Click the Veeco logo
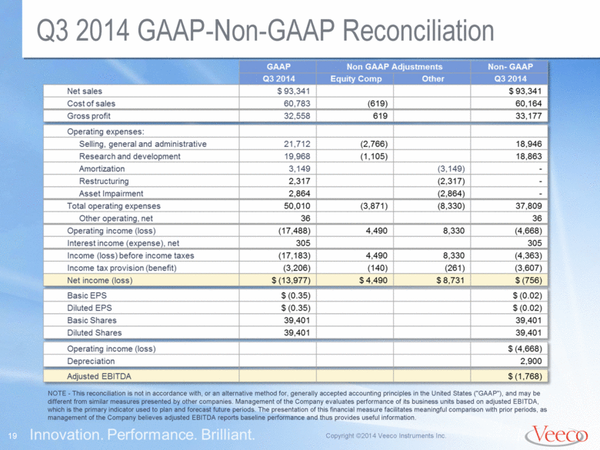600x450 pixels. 556,435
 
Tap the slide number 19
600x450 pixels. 12,436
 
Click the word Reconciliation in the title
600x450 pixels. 418,31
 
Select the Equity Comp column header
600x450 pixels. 356,78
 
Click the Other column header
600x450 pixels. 433,78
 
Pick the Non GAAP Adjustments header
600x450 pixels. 394,67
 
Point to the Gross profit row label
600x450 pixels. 88,116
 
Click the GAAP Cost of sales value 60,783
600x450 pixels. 297,103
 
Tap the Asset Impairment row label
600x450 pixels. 111,194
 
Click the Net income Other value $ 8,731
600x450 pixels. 450,281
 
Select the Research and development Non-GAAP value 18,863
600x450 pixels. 528,156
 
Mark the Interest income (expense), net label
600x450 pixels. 123,243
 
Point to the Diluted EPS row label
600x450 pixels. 89,308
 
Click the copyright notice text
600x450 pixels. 385,436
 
